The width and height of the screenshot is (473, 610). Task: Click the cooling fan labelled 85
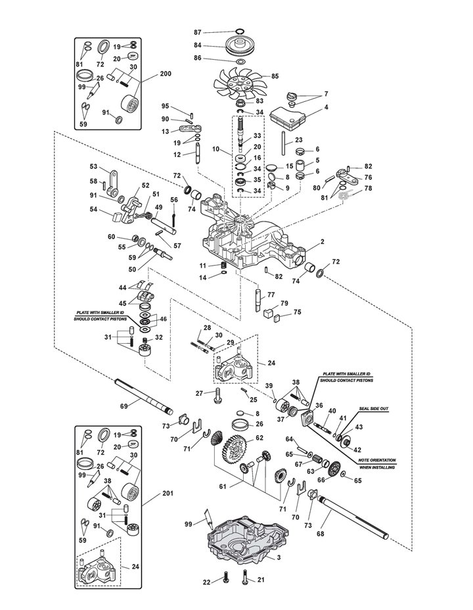pyautogui.click(x=238, y=83)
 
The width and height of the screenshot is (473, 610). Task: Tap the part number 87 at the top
pyautogui.click(x=198, y=32)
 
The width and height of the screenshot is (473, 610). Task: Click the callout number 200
pyautogui.click(x=165, y=74)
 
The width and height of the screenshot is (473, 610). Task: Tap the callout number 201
pyautogui.click(x=168, y=493)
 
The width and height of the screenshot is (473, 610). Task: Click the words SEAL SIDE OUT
pyautogui.click(x=374, y=409)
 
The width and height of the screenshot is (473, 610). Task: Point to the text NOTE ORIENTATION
pyautogui.click(x=376, y=460)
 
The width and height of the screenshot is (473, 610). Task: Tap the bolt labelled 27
pyautogui.click(x=217, y=396)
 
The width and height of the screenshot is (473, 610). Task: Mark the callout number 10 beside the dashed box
pyautogui.click(x=216, y=149)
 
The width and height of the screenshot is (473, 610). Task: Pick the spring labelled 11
pyautogui.click(x=223, y=266)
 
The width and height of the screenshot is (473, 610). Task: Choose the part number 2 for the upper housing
pyautogui.click(x=322, y=242)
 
